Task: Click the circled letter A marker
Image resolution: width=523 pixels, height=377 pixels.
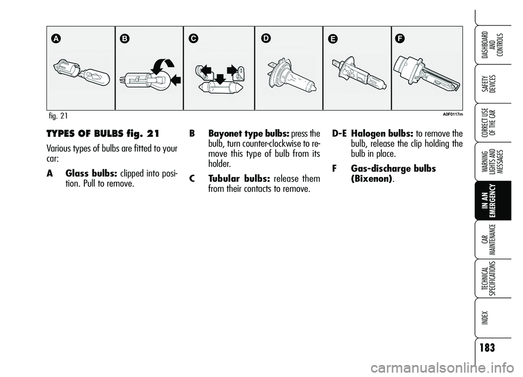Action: coord(56,39)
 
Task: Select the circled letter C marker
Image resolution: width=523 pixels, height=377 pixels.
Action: coord(193,39)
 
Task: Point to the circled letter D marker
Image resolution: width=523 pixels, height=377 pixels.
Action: coord(266,39)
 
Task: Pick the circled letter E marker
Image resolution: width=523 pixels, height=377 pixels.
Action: coord(332,39)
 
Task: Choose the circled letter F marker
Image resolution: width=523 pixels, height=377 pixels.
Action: coord(400,39)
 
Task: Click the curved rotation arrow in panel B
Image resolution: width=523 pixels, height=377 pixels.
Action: coord(162,66)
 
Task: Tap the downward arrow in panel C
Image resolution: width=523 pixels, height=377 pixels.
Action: coord(220,80)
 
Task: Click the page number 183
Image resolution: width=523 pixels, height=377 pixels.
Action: coord(487,348)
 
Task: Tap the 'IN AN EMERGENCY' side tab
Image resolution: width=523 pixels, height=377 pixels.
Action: coord(489,200)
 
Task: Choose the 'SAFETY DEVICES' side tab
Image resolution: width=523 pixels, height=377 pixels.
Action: coord(489,84)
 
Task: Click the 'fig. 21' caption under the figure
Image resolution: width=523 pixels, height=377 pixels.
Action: coord(58,115)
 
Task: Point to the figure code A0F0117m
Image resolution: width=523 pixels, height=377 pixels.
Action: coord(453,114)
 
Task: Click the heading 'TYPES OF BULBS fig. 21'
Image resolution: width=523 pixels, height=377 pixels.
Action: coord(103,133)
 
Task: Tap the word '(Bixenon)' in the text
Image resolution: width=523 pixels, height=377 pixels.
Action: coord(372,179)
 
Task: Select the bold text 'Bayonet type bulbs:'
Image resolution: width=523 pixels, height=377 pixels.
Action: coord(248,134)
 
